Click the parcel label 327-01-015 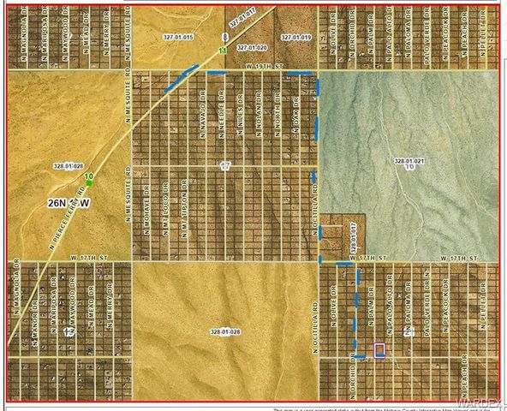(x=178, y=38)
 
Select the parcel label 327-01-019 (x=294, y=38)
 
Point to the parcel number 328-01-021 (x=409, y=160)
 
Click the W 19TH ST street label (x=262, y=64)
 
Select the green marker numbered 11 (x=223, y=52)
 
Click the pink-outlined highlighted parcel (x=379, y=348)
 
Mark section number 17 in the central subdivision (x=224, y=164)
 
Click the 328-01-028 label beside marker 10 (x=66, y=165)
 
